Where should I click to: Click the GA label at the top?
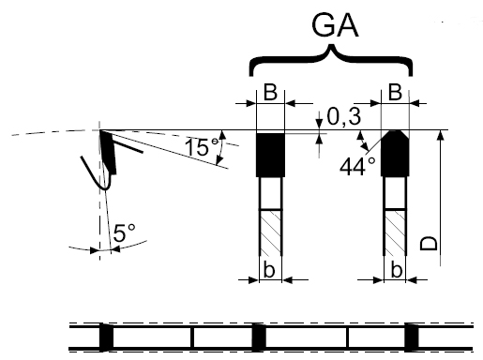click(335, 25)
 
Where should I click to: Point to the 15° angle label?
click(202, 147)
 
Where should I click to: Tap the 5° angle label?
click(124, 233)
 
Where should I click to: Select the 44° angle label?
click(357, 167)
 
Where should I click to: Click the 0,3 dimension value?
click(344, 117)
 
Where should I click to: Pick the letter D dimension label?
click(429, 244)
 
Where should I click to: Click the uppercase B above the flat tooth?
click(270, 93)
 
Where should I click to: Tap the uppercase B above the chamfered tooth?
click(395, 93)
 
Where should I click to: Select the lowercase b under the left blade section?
click(269, 270)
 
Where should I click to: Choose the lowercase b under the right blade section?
click(397, 270)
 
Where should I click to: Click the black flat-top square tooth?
click(270, 155)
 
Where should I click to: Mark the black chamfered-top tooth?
click(395, 154)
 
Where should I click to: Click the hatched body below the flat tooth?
click(271, 232)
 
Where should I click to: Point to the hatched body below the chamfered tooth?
click(396, 232)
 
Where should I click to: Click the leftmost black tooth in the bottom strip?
click(106, 337)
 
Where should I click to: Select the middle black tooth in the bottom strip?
click(259, 337)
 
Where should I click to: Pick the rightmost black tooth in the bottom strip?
click(412, 337)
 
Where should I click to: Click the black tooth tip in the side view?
click(108, 152)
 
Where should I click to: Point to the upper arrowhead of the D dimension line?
click(441, 135)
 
